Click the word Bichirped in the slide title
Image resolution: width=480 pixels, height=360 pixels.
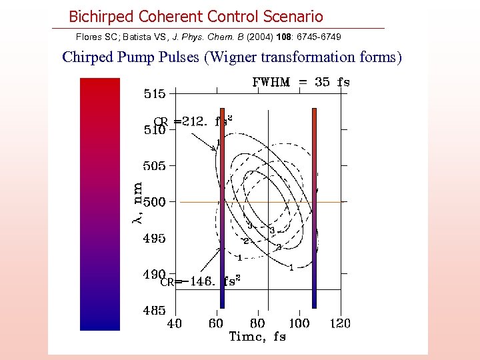102,17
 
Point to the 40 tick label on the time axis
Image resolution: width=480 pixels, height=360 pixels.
174,323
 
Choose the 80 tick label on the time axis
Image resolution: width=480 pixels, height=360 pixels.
258,323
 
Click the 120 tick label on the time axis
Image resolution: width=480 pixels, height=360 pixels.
341,323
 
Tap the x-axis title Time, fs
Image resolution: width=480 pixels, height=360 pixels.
257,337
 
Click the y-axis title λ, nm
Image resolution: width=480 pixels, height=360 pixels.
136,203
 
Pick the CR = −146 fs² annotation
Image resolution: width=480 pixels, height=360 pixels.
200,281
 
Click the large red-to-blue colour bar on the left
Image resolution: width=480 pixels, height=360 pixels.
99,203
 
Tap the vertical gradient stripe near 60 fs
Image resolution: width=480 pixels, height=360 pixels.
223,207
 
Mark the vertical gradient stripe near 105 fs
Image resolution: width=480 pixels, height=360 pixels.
313,207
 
